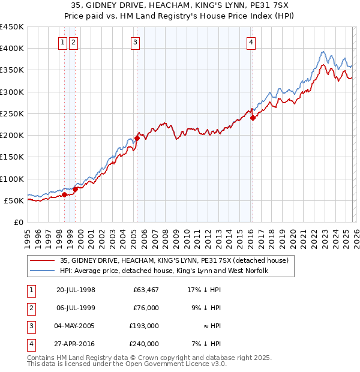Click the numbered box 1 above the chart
[63, 42]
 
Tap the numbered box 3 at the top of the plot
[136, 42]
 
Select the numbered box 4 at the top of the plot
[251, 42]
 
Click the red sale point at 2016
[253, 118]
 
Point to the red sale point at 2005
[137, 138]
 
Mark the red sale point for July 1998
[64, 194]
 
